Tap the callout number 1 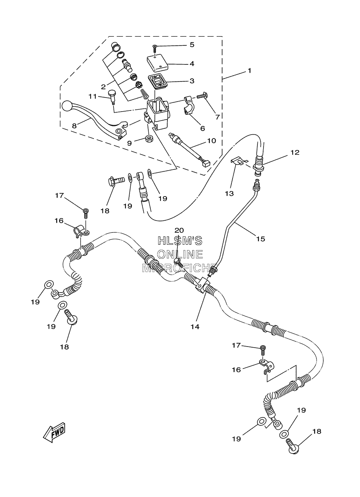point(249,71)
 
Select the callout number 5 point(192,45)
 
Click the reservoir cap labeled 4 point(157,63)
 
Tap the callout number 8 point(75,126)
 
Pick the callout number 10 point(212,141)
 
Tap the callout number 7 point(217,117)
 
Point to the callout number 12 point(295,153)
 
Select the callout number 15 point(261,239)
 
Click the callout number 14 point(195,327)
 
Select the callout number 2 point(103,87)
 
